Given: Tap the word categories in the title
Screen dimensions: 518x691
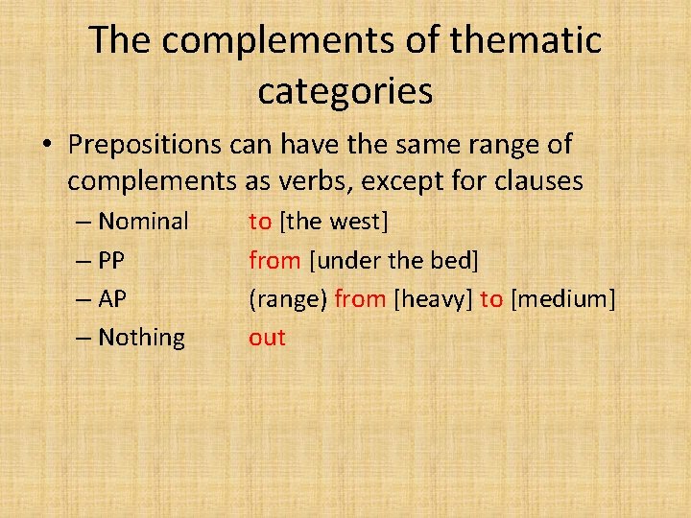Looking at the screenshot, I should (x=345, y=91).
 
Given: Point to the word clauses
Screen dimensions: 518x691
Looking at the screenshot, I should (x=535, y=180).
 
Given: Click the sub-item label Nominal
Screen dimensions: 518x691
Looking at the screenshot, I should (x=143, y=222).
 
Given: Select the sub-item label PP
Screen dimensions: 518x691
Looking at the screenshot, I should (x=111, y=260).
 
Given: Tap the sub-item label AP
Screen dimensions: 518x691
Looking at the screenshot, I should (x=112, y=299).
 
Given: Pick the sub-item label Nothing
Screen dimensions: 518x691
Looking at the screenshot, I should (x=141, y=338).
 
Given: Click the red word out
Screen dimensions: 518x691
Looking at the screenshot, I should (x=267, y=338).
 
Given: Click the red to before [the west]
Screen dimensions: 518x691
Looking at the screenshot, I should (x=260, y=222).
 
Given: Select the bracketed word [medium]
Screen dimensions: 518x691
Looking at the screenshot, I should (x=562, y=299).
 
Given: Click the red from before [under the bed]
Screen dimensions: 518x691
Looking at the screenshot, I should (x=274, y=260).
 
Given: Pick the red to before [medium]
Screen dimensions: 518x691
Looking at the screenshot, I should (x=491, y=299).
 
